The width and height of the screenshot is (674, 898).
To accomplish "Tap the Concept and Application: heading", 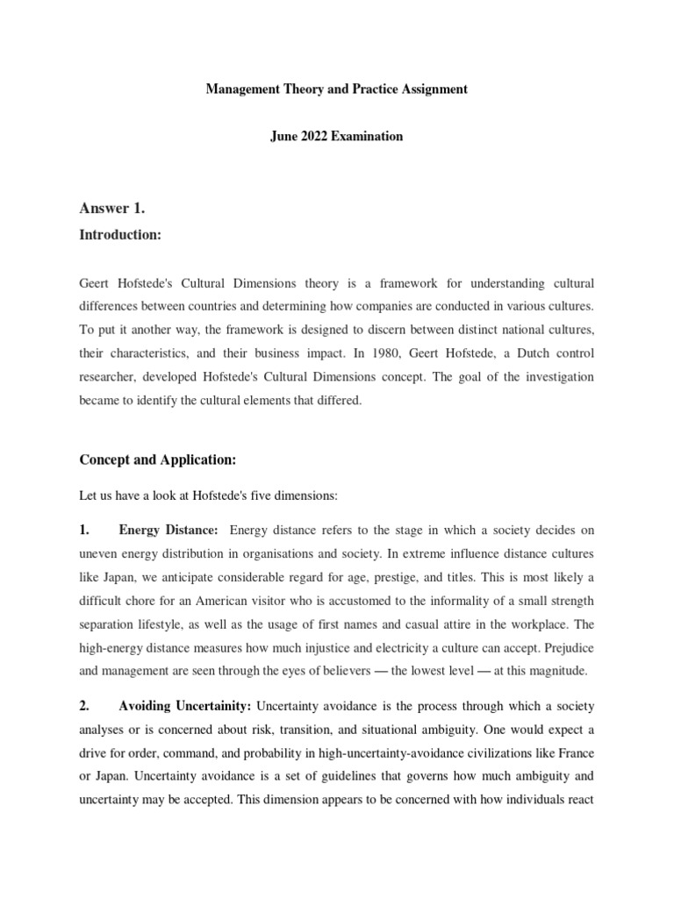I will (158, 460).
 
